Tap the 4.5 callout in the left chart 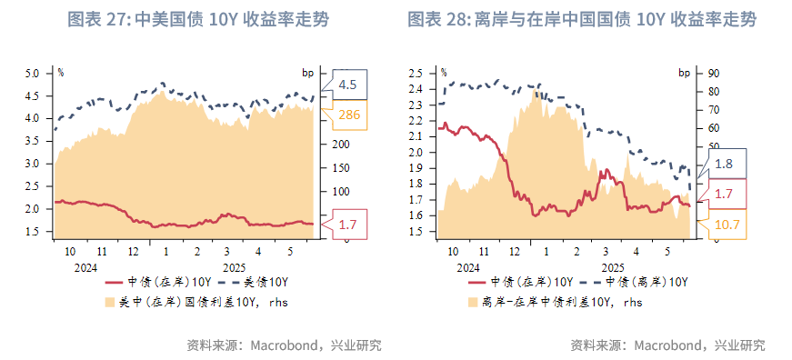tap(347, 85)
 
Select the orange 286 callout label tap(349, 115)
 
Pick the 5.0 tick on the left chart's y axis tap(33, 73)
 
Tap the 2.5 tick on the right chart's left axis tap(417, 73)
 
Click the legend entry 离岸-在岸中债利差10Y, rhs tap(556, 301)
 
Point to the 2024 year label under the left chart tap(85, 267)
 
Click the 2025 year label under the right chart tap(612, 267)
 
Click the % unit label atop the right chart tap(443, 71)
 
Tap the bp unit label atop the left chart tap(307, 71)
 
